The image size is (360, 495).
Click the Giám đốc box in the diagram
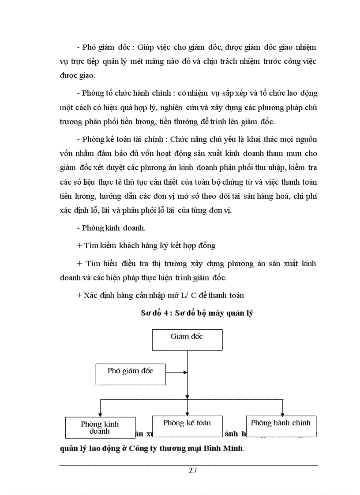pos(187,339)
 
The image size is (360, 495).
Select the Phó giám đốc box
pos(130,374)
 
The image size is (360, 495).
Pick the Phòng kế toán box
pos(187,426)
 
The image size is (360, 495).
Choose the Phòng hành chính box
pos(281,426)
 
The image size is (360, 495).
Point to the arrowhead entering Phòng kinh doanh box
pos(100,414)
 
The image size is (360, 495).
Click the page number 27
pos(193,470)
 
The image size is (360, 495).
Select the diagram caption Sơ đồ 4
pos(196,314)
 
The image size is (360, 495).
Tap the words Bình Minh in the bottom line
pos(223,450)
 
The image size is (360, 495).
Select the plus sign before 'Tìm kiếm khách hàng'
pos(79,246)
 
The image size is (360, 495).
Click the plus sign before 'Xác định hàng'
pos(79,295)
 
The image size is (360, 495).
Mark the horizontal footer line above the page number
pos(188,465)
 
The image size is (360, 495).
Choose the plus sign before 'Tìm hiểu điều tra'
pos(79,263)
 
